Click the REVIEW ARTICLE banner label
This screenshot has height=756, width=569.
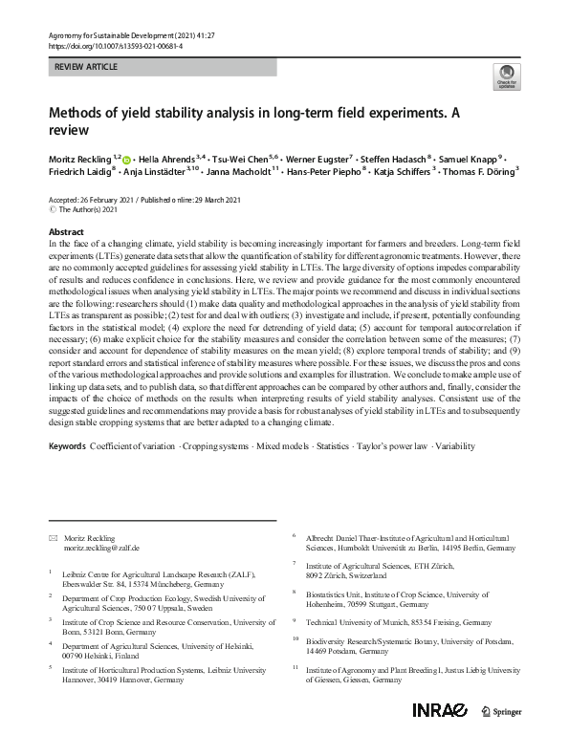click(88, 67)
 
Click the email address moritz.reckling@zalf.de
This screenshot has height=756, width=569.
click(101, 550)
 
